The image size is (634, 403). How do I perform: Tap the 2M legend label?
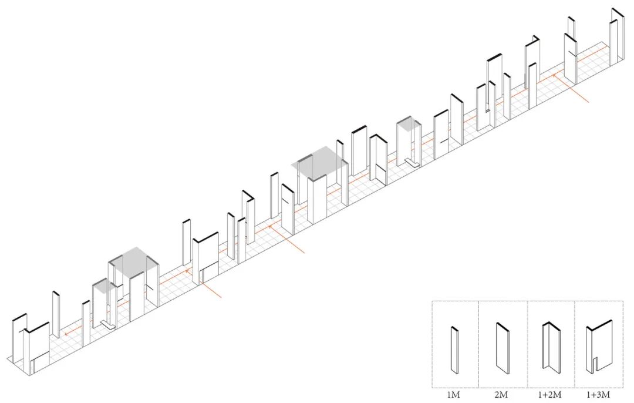[503, 395]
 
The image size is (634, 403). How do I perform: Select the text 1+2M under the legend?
[551, 395]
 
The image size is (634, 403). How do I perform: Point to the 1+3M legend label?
[598, 395]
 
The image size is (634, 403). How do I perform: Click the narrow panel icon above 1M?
[454, 350]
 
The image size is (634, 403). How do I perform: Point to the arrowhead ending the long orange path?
[66, 333]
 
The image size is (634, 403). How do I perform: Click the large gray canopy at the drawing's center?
[319, 162]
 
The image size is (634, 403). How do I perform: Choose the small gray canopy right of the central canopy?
[409, 124]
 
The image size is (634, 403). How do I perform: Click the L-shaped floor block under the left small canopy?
[107, 324]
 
